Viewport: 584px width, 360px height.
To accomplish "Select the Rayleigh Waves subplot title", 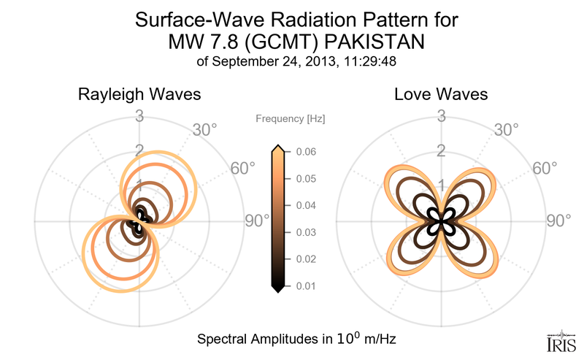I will click(139, 95).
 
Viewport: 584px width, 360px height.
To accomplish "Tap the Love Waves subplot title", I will click(441, 95).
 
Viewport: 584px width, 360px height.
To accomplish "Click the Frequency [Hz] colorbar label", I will click(290, 118).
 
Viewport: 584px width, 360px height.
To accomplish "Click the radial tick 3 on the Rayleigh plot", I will click(139, 115).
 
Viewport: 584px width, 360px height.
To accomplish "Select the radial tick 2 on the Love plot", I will click(441, 151).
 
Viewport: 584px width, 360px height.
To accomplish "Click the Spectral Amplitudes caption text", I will click(297, 340).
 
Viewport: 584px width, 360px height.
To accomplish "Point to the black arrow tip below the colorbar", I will click(277, 290).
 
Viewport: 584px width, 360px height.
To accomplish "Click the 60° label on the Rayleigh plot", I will click(243, 169).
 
